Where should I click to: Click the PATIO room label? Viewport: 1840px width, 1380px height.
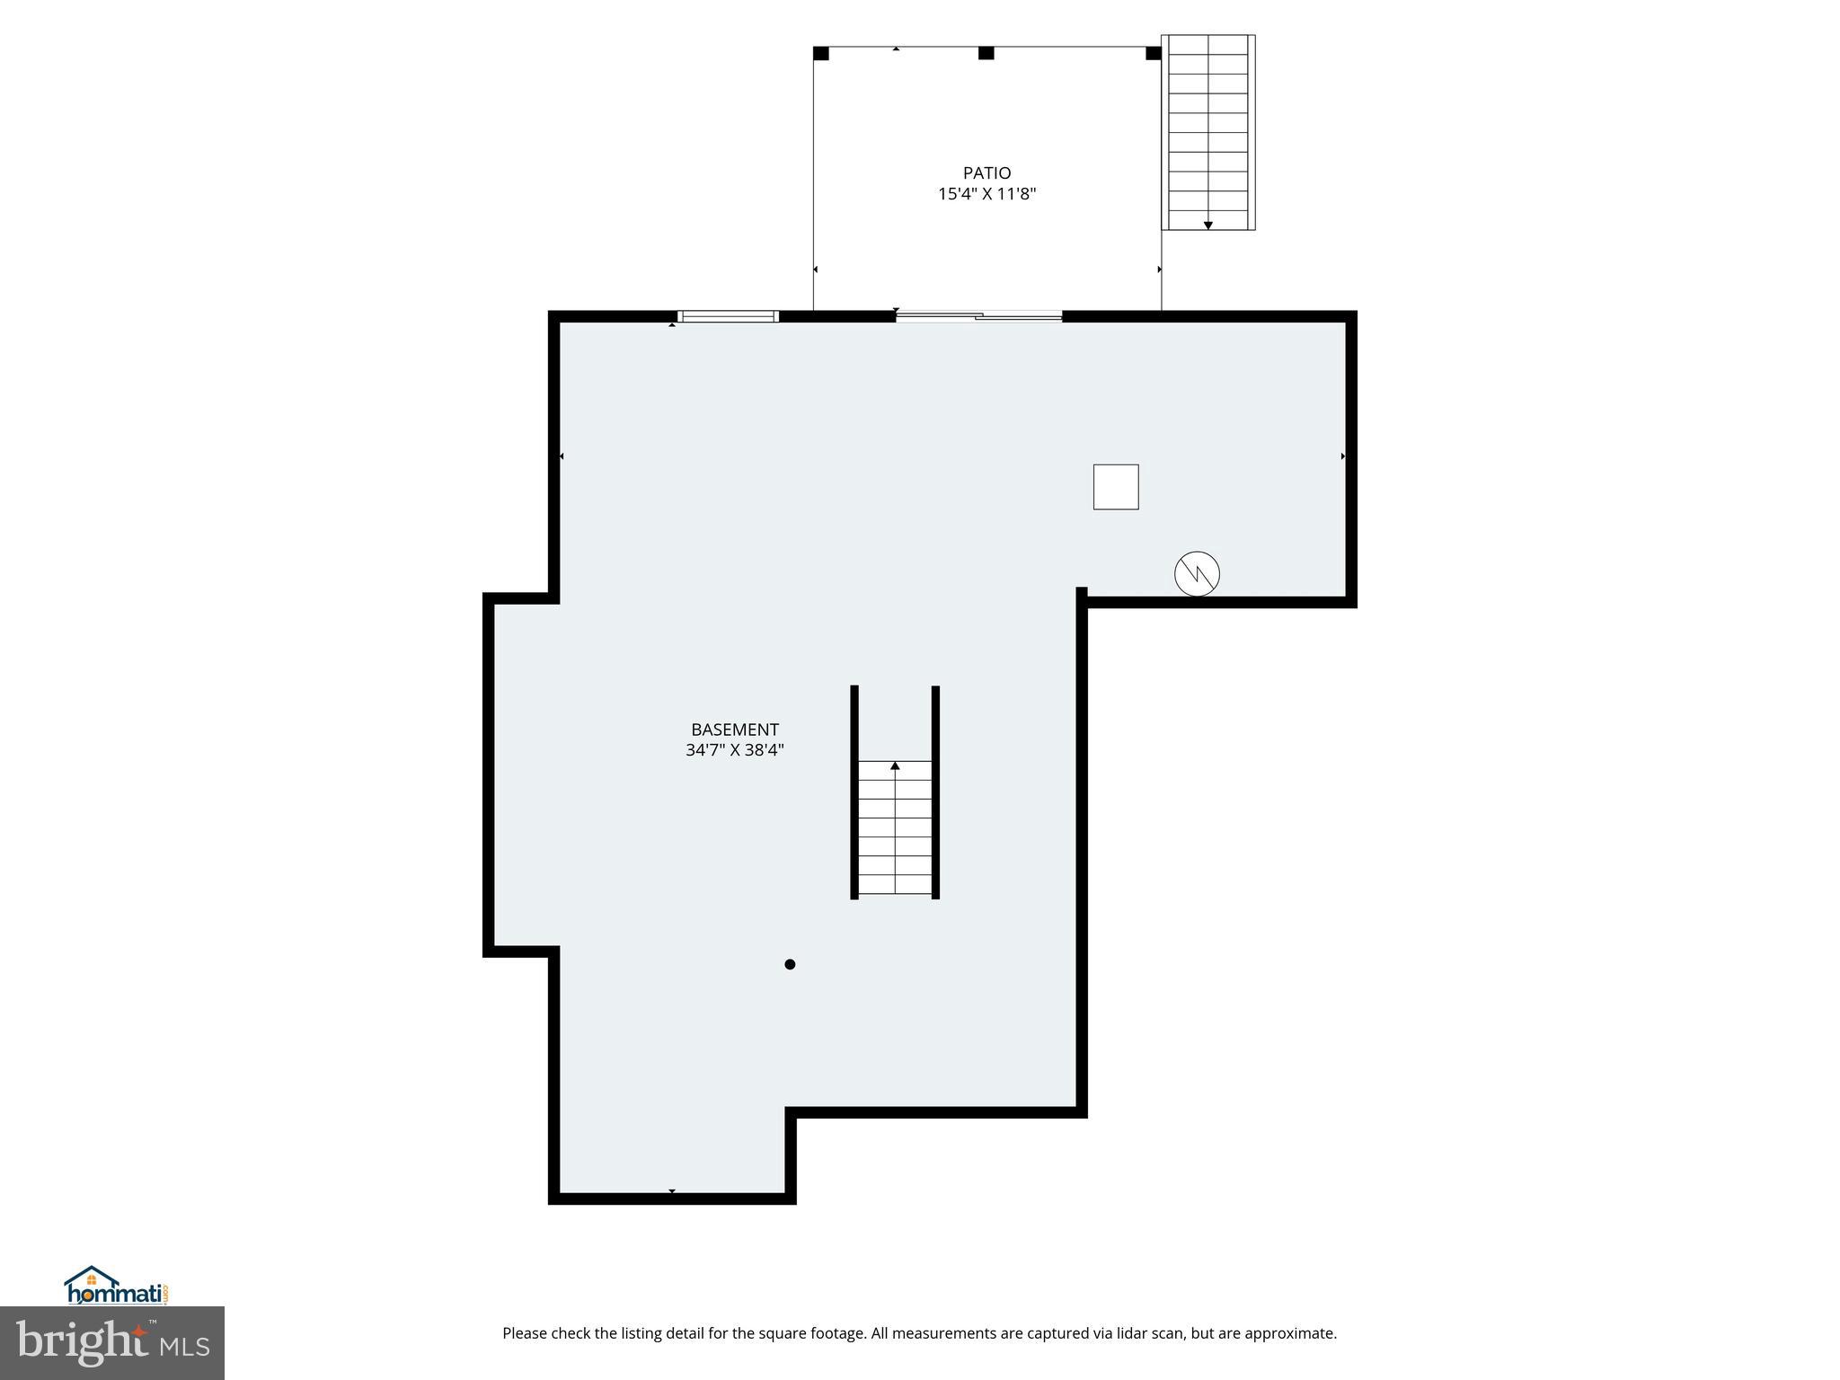[986, 172]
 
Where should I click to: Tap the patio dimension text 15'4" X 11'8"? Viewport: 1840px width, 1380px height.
[986, 194]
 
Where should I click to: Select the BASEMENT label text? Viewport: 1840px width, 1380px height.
[734, 730]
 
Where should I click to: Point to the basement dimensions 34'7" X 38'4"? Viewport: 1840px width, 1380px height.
[734, 750]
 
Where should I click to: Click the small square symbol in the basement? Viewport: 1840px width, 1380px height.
[1116, 487]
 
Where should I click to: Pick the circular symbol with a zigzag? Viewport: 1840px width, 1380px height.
[1197, 573]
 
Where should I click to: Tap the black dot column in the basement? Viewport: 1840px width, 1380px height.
[790, 964]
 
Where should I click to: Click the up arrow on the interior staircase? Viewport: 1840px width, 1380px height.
[895, 766]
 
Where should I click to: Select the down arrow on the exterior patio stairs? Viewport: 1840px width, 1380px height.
[1208, 225]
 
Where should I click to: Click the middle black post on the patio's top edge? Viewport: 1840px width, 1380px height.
[986, 53]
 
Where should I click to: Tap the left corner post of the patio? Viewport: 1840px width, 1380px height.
[820, 53]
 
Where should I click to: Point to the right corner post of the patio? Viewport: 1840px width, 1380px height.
[1154, 53]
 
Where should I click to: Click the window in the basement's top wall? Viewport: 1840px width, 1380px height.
[727, 316]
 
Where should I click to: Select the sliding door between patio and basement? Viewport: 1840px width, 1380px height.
[979, 315]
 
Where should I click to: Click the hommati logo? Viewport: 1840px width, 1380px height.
[115, 1287]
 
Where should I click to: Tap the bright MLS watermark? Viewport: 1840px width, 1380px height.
[112, 1343]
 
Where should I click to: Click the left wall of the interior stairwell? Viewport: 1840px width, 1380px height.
[854, 791]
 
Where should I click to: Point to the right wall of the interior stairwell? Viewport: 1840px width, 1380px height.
[935, 791]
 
